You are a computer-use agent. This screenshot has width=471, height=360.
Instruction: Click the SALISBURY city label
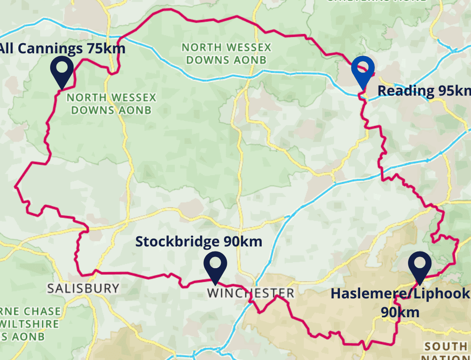coord(83,288)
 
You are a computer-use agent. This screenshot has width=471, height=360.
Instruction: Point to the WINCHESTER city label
coord(250,293)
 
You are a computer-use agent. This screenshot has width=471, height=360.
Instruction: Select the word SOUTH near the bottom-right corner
coord(445,346)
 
